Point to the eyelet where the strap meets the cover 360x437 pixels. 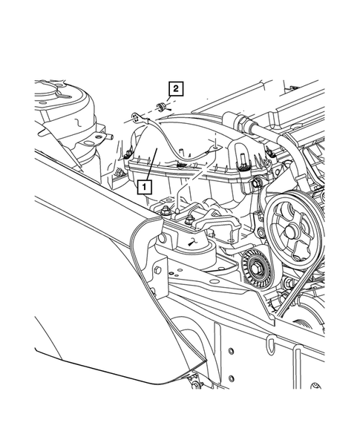216,148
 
